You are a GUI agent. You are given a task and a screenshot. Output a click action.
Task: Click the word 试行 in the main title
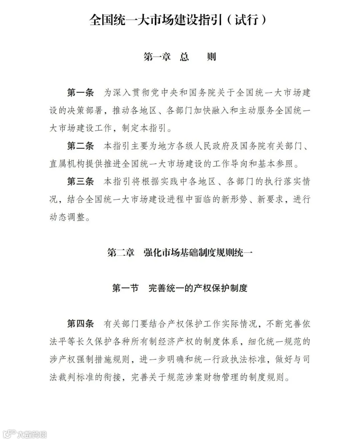246,20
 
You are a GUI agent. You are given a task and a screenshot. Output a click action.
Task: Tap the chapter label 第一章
157,57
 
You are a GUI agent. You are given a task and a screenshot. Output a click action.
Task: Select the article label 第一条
80,93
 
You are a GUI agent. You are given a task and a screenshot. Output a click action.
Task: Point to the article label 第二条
80,146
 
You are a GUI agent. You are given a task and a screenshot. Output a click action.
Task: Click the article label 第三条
80,181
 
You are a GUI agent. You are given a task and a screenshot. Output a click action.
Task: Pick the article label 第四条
80,324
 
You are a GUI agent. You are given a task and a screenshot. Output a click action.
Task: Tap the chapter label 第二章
121,253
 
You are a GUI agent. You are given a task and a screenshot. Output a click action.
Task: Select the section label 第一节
125,288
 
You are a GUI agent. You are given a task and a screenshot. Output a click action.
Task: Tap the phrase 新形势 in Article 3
230,199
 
